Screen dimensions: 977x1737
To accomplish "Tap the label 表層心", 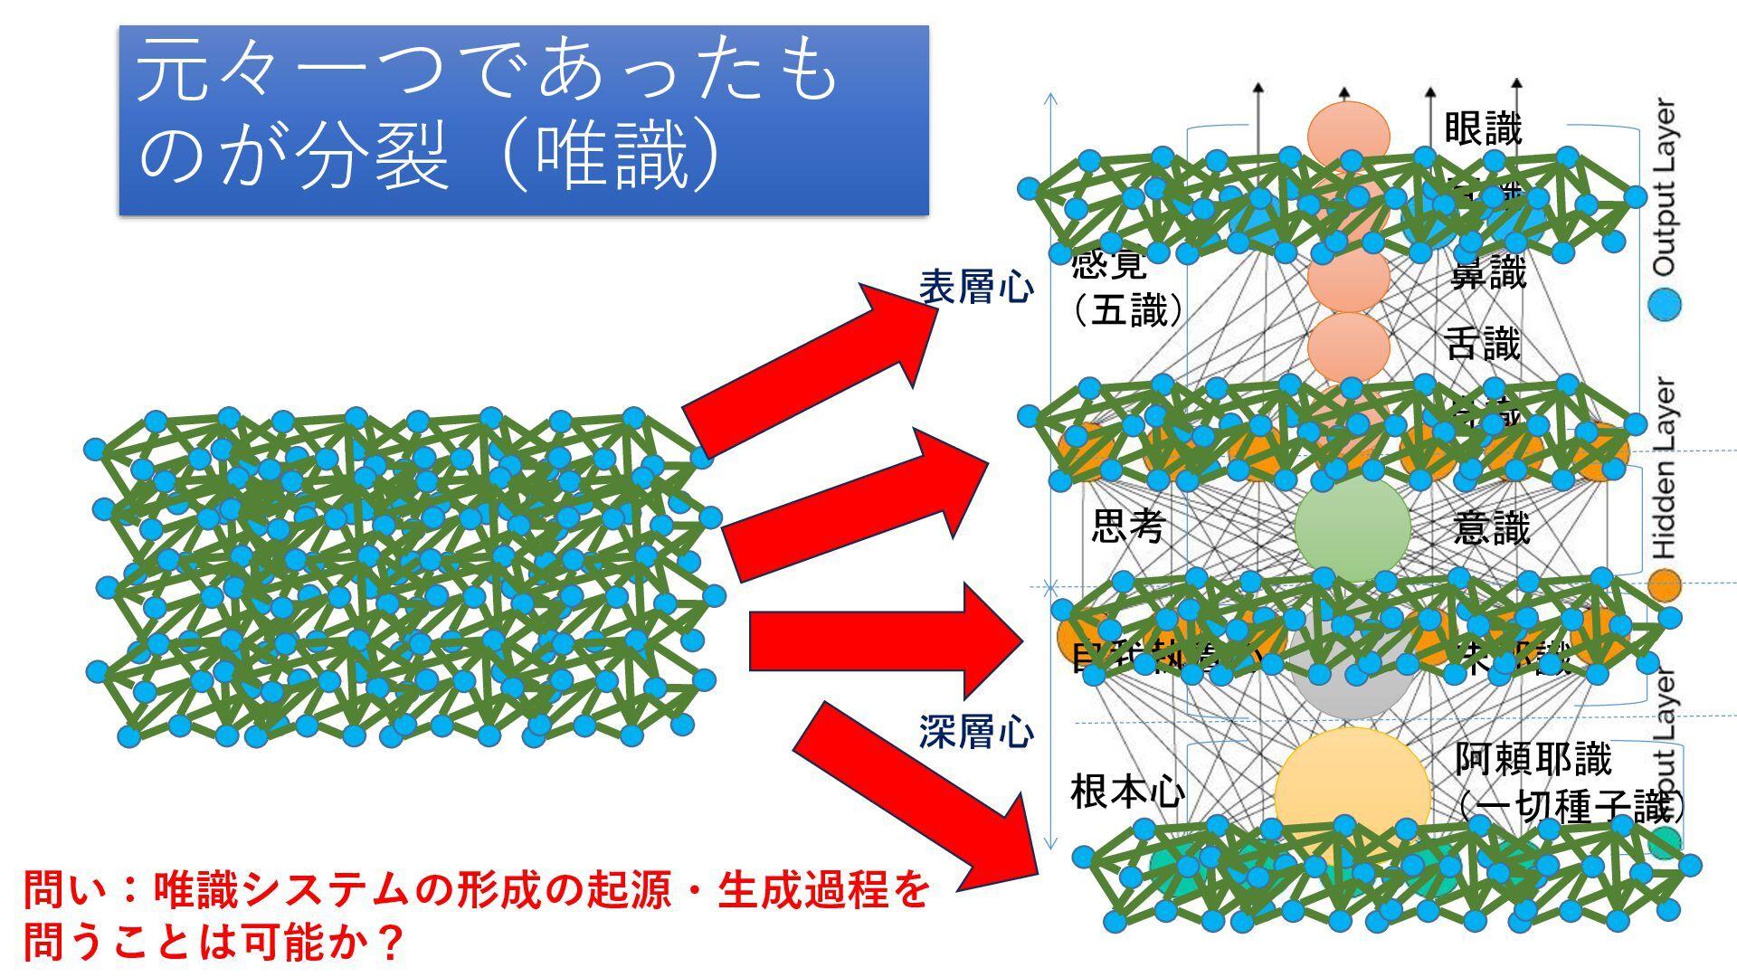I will [975, 288].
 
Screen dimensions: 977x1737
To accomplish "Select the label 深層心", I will [975, 731].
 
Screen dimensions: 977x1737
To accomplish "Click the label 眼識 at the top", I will [1483, 128].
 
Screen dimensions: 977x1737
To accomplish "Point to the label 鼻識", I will [1487, 272].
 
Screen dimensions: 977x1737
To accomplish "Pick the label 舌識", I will [1482, 344].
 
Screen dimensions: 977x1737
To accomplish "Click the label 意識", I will [1491, 527].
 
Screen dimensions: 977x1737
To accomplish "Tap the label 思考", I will [1127, 526].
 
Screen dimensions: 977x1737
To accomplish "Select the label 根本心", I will [1127, 792].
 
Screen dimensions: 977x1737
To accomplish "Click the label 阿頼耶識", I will [1533, 759].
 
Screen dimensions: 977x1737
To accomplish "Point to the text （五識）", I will [1127, 311].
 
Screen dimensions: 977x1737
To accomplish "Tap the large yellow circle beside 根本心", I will [1352, 787].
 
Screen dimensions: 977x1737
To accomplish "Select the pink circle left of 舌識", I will [1348, 346].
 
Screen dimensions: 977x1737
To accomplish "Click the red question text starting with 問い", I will [475, 915].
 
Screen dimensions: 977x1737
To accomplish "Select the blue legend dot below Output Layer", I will [1664, 304].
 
